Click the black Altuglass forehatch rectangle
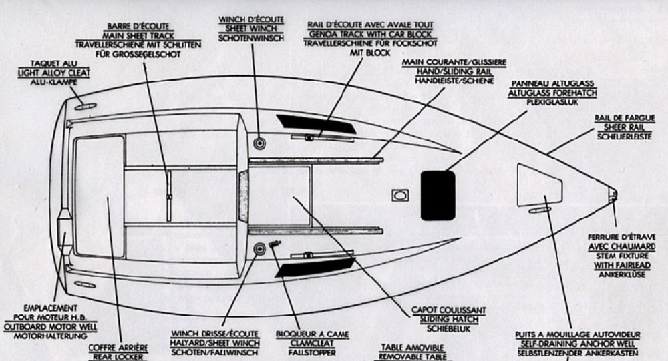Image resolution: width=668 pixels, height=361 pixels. (x=438, y=195)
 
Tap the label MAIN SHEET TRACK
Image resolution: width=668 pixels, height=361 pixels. (x=137, y=36)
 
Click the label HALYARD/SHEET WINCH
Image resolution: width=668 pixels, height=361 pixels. (x=214, y=343)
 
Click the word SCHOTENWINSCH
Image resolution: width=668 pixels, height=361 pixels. (x=251, y=39)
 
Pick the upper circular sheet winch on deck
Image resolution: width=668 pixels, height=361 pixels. (x=259, y=143)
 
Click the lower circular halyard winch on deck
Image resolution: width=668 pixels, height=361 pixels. (x=259, y=249)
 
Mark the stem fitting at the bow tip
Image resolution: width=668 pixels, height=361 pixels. (x=613, y=195)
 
